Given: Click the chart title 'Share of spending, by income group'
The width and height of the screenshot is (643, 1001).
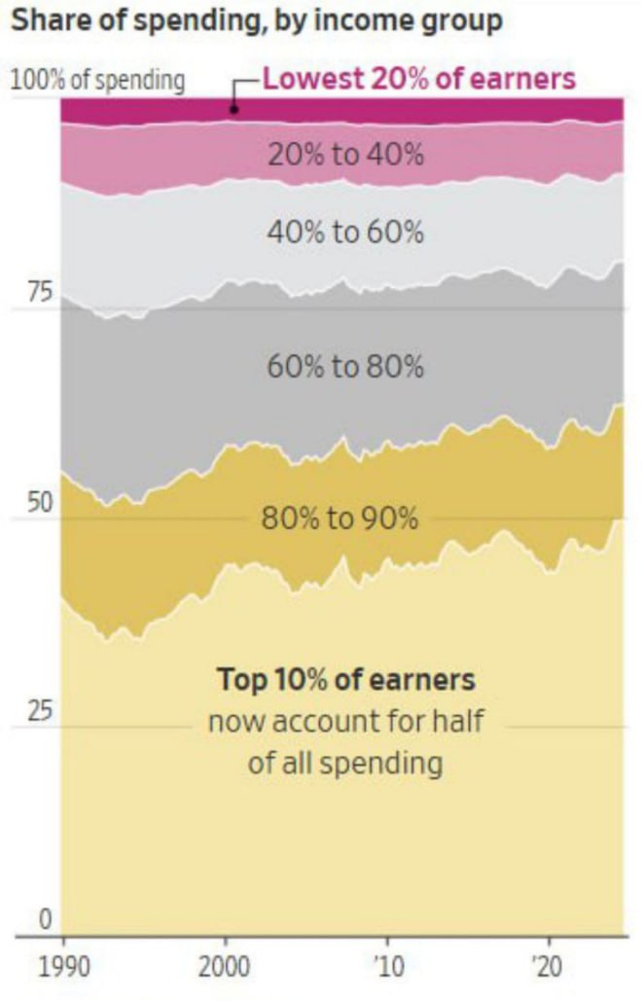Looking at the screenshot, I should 257,20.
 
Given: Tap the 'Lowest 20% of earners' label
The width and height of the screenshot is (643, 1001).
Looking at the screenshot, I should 419,79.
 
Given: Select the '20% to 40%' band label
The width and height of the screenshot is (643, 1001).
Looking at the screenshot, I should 345,154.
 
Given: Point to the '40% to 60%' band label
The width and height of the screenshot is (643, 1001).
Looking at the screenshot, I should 345,232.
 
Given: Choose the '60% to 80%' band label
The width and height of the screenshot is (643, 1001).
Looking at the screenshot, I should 345,367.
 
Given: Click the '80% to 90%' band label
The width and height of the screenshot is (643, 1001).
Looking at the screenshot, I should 339,518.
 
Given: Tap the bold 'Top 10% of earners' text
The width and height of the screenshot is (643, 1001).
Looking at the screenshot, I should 345,678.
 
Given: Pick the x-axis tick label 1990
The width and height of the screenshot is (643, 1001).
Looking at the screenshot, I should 63,968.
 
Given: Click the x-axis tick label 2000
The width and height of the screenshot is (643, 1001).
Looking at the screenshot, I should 226,968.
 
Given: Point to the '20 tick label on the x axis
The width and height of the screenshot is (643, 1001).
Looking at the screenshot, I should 549,968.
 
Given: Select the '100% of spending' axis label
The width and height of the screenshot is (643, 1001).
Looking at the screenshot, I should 97,80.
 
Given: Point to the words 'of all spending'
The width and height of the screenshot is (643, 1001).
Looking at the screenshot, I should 345,763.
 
